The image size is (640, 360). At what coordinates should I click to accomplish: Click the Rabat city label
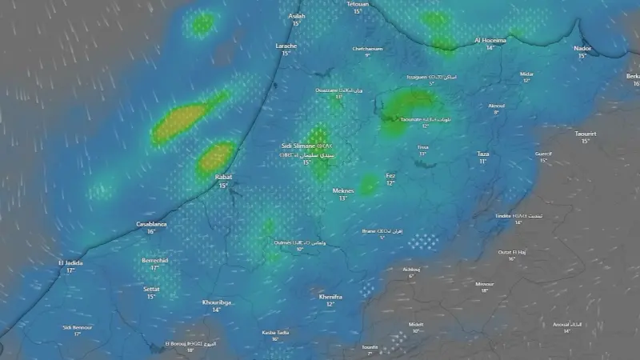223,177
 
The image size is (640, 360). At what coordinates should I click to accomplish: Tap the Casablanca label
151,224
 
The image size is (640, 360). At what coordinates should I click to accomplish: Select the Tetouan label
358,4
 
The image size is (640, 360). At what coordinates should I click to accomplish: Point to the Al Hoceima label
490,39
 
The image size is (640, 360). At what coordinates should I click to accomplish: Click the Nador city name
582,48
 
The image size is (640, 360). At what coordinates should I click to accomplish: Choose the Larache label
286,46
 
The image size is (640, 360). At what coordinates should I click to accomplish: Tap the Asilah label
296,15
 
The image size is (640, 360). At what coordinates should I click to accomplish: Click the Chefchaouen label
368,48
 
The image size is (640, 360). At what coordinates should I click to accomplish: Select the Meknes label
342,190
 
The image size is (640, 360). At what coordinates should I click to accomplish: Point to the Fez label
390,175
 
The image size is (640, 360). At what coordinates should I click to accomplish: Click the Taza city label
482,154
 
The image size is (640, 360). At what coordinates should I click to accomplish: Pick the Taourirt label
586,133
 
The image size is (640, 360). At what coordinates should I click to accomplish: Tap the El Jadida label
70,262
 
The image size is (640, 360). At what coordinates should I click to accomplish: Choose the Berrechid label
155,260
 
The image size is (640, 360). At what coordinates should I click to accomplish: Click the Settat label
151,289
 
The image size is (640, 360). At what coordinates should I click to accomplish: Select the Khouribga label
216,302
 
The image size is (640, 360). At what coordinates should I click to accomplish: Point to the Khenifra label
330,296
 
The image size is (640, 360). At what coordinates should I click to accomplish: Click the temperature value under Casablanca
151,232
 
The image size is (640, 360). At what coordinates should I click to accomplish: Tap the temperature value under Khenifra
330,304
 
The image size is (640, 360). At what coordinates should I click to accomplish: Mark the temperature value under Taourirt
586,141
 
